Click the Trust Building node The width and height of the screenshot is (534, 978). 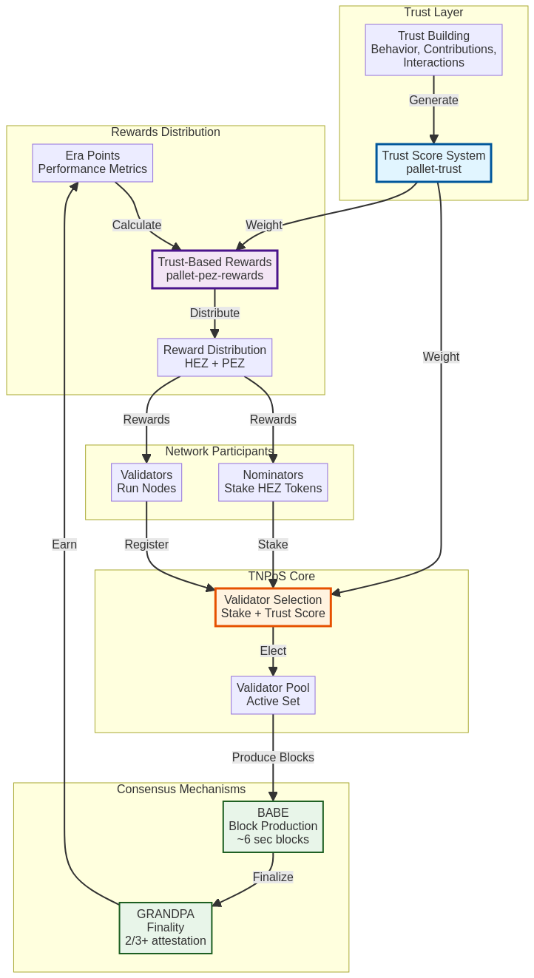[433, 50]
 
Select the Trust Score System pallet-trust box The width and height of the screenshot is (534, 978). [433, 163]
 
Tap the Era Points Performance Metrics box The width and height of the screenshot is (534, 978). [92, 163]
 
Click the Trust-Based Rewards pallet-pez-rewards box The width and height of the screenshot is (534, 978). [214, 269]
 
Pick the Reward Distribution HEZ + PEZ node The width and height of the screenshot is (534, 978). [214, 357]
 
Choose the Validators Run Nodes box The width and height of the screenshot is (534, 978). [146, 482]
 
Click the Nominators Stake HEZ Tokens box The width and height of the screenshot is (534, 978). [273, 482]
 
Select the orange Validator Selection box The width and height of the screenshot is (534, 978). [273, 607]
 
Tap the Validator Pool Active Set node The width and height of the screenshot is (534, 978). [273, 695]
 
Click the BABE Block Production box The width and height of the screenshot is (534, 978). [273, 826]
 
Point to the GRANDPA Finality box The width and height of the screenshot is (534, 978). [166, 928]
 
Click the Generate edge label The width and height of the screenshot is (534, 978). [433, 101]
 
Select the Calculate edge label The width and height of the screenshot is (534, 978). [137, 225]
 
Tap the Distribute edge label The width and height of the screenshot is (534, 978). [214, 313]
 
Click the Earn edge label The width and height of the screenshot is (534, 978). [64, 545]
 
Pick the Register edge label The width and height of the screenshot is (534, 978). [146, 545]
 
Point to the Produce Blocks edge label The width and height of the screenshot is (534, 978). [273, 758]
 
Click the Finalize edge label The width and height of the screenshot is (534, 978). [273, 877]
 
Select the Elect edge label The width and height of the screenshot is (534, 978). [273, 651]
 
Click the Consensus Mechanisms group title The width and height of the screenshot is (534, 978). [181, 789]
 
